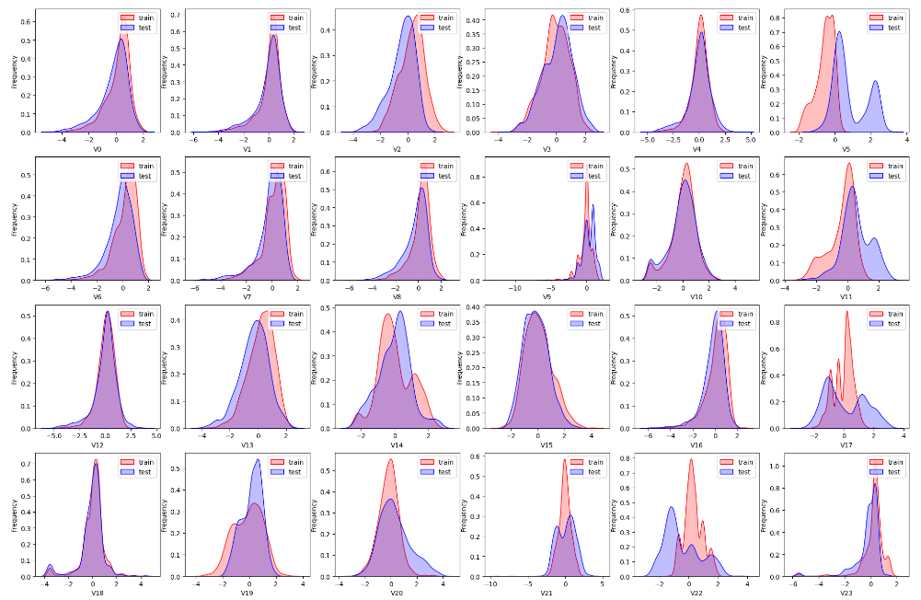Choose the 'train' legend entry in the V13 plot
(x=294, y=314)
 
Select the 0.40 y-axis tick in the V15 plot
(x=469, y=307)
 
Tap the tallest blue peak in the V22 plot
(x=672, y=507)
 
